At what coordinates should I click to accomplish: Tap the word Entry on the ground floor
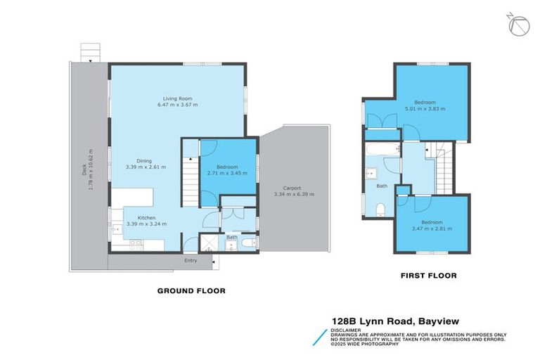pyautogui.click(x=191, y=261)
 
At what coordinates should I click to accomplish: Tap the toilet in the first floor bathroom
pyautogui.click(x=380, y=208)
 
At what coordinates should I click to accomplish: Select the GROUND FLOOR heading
pyautogui.click(x=191, y=290)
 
